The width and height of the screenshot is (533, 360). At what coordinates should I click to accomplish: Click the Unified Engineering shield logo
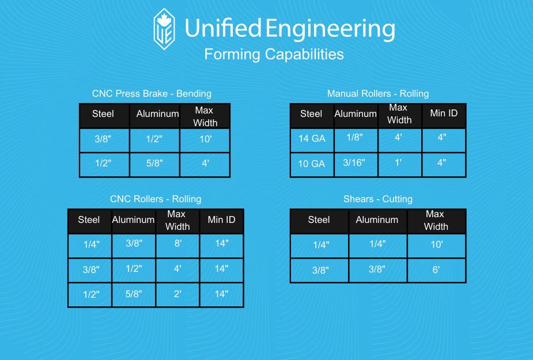click(x=165, y=29)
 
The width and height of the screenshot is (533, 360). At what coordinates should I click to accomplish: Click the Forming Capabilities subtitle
click(x=274, y=54)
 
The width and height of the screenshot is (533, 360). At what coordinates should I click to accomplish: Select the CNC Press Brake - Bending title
click(x=152, y=93)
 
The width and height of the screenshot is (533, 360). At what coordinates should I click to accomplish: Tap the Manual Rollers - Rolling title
click(x=377, y=93)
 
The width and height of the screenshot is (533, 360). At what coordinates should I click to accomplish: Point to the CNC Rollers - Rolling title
click(x=156, y=199)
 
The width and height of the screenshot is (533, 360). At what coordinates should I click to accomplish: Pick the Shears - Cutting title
click(x=377, y=199)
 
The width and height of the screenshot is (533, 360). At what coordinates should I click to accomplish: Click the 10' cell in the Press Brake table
click(x=205, y=140)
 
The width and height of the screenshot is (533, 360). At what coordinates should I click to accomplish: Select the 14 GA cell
click(x=312, y=140)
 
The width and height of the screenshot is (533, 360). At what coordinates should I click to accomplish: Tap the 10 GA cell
click(x=312, y=165)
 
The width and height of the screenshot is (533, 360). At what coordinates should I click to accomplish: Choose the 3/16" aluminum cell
click(x=356, y=165)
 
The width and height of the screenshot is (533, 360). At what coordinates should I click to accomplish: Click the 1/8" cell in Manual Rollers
click(x=356, y=140)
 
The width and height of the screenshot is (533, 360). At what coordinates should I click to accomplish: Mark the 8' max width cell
click(x=177, y=245)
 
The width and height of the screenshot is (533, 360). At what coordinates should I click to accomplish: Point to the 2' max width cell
click(x=177, y=295)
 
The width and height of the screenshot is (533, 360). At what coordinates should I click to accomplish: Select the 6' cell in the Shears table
click(x=436, y=270)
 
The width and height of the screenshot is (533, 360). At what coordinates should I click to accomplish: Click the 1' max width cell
click(x=399, y=165)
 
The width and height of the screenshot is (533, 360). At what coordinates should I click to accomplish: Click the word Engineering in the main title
click(x=330, y=29)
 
